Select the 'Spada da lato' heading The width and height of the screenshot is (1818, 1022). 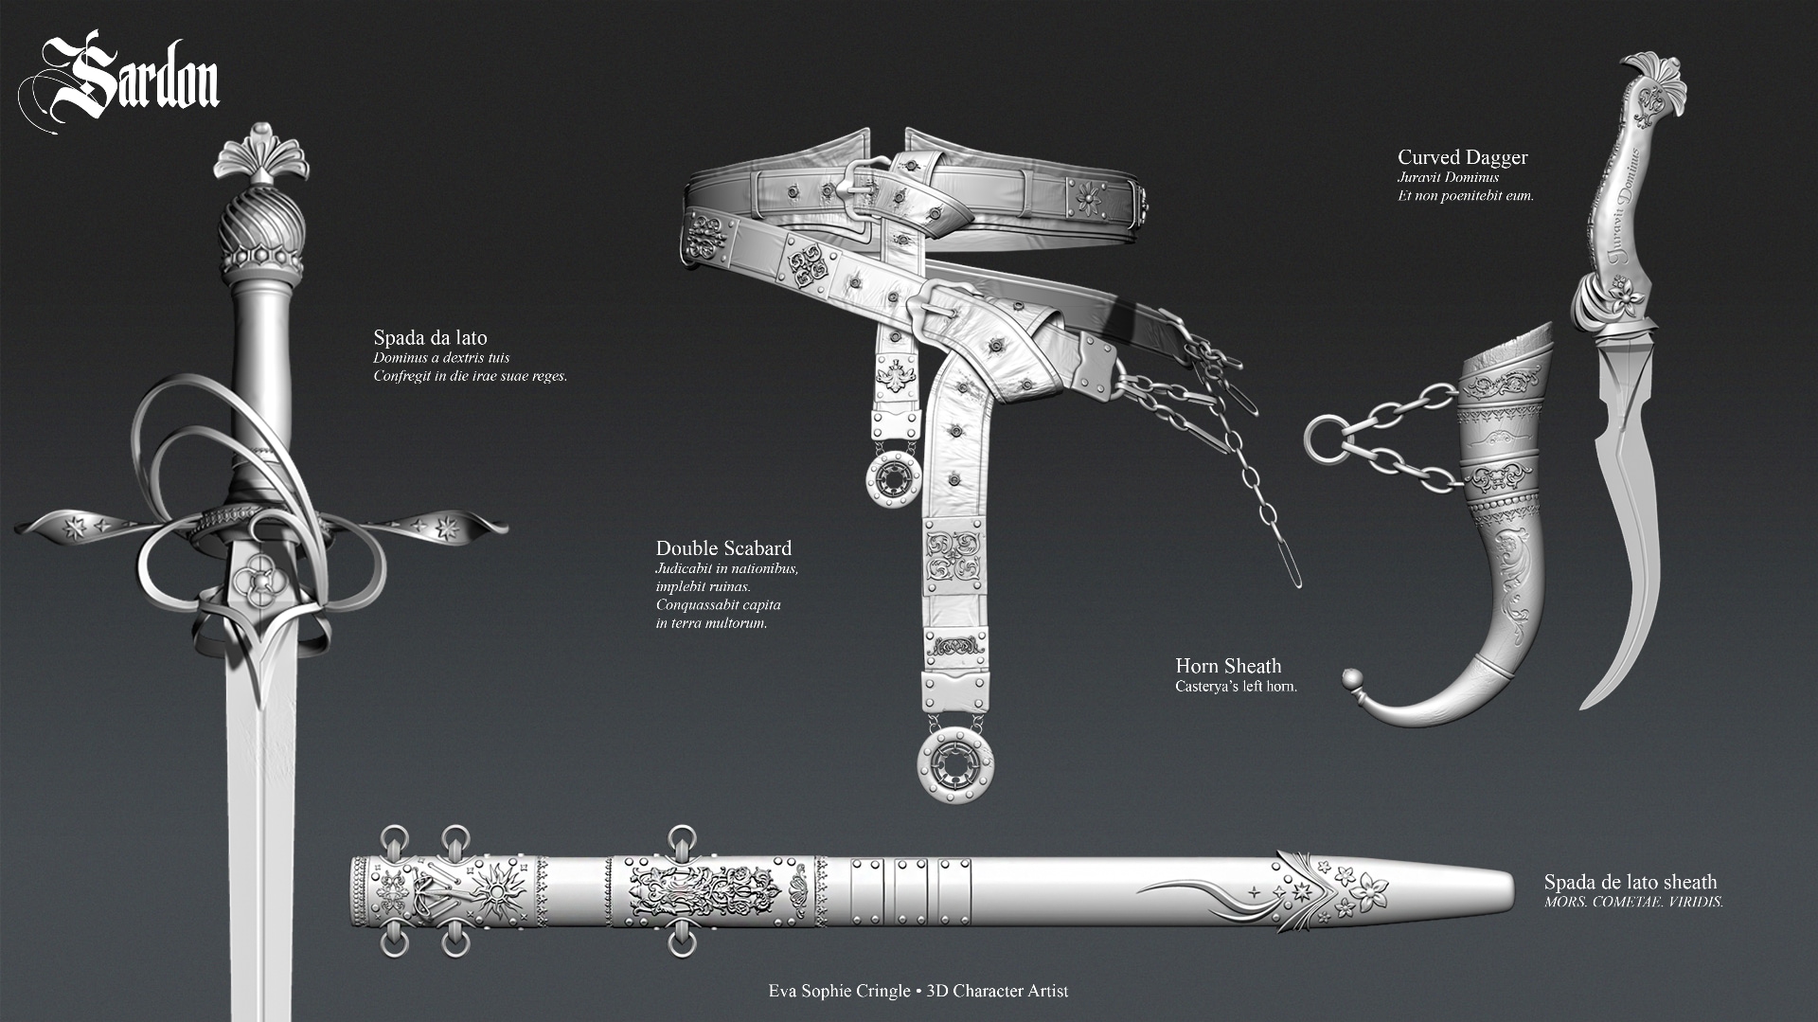click(x=430, y=337)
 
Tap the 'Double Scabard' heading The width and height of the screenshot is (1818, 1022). click(x=723, y=547)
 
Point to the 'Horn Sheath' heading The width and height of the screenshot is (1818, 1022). click(x=1228, y=666)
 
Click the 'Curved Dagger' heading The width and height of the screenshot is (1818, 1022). click(x=1463, y=157)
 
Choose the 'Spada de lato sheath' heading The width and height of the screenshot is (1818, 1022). click(x=1630, y=883)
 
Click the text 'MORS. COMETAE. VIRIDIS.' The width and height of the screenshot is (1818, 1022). click(x=1633, y=902)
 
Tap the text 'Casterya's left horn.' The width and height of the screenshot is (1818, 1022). click(x=1236, y=686)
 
